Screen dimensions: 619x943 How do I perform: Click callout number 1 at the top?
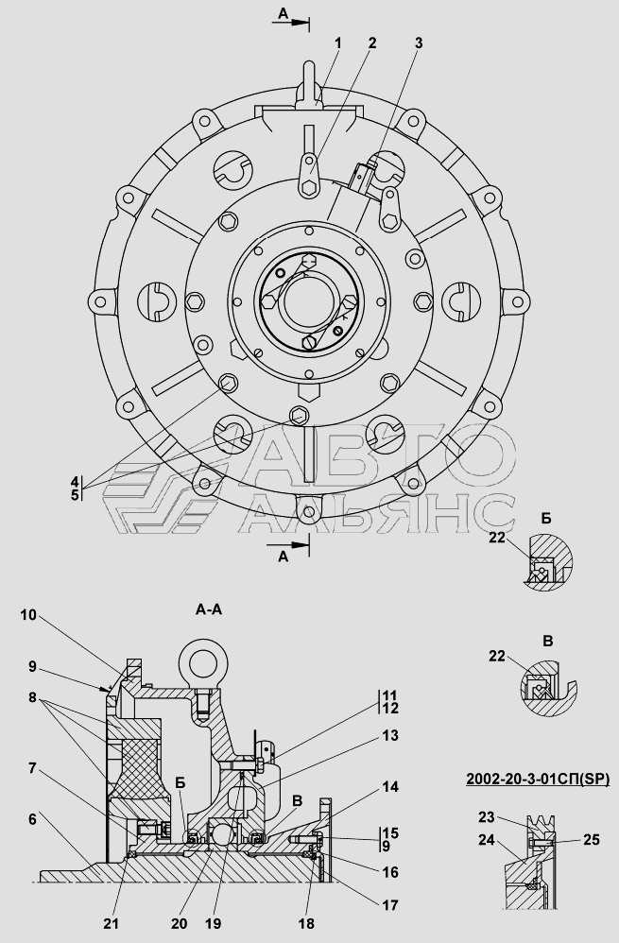point(337,43)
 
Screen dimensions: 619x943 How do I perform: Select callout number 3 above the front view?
point(419,43)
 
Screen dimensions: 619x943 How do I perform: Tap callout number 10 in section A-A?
point(28,614)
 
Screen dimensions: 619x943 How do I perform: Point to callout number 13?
point(389,735)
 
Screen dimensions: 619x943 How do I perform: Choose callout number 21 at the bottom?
point(127,924)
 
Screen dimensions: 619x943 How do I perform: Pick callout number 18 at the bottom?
point(306,924)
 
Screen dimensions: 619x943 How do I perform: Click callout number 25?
point(592,839)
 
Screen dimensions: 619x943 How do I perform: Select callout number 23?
point(486,816)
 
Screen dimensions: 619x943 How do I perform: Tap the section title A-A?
point(209,609)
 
